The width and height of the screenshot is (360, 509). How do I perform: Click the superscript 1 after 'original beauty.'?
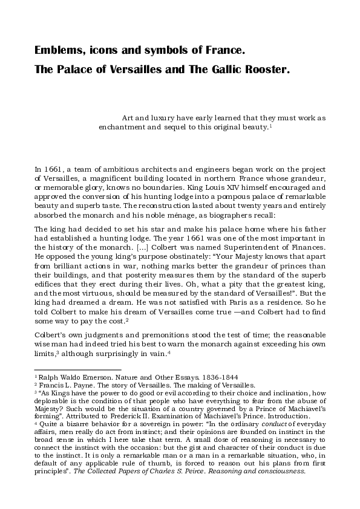pos(270,127)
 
